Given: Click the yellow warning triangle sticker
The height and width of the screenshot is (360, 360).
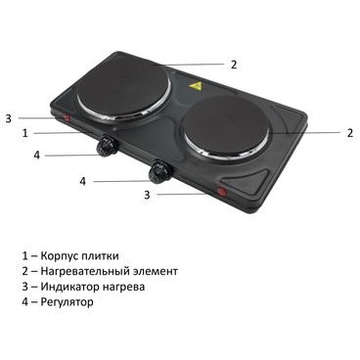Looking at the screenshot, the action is click(196, 86).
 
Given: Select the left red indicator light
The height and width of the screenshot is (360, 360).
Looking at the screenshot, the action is click(67, 118).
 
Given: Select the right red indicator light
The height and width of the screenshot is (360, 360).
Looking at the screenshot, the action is click(222, 192).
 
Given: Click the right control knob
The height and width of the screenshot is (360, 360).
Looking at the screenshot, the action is click(159, 170).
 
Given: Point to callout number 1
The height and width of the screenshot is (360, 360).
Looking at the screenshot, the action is click(25, 133).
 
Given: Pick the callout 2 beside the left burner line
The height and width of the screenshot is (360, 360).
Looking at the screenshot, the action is click(234, 65).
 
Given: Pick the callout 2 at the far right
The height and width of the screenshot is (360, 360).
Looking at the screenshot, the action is click(350, 133).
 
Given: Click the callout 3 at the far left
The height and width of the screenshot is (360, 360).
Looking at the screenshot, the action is click(9, 118).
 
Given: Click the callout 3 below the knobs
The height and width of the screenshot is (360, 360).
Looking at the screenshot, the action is click(147, 195).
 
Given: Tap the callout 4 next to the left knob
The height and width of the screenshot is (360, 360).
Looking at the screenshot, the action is click(37, 156).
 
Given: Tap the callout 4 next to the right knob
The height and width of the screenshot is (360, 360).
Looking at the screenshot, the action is click(83, 181).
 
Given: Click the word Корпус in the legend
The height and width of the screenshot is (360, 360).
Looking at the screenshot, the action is click(59, 256).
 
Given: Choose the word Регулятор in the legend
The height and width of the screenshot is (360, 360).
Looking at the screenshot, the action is click(67, 302).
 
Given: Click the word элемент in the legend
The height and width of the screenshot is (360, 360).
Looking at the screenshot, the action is click(156, 271).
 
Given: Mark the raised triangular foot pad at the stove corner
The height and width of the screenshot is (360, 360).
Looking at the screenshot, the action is click(246, 179).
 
